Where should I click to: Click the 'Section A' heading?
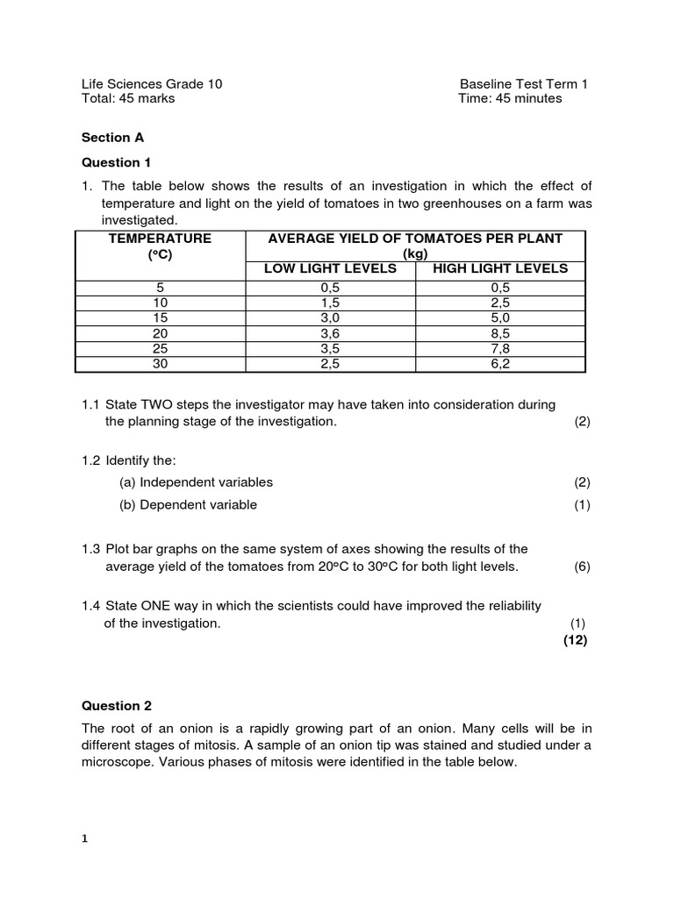112,138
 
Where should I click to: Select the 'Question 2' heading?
111,705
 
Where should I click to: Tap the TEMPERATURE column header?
160,239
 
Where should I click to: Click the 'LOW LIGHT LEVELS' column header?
330,268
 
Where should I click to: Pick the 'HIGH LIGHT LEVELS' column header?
500,268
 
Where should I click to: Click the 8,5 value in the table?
500,333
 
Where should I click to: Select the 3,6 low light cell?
330,333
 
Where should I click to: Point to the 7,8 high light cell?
500,348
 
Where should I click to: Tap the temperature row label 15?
160,318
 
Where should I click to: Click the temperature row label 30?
160,363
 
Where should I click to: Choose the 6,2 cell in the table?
500,363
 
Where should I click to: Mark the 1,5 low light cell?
330,303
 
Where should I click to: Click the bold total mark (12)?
575,639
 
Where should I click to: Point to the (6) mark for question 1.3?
583,567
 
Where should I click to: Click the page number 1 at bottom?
85,838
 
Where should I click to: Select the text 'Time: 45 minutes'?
510,98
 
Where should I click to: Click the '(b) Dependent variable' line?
188,504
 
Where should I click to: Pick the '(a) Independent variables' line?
196,481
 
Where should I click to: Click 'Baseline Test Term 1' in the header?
524,84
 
